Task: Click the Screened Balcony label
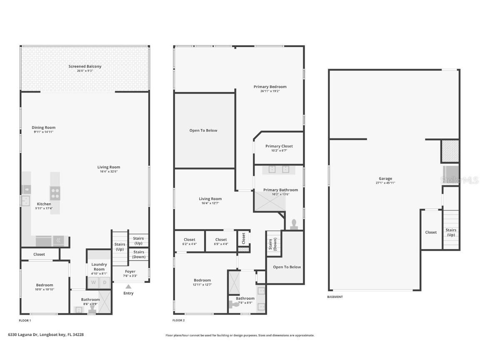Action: (x=85, y=67)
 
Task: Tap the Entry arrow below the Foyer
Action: (x=128, y=287)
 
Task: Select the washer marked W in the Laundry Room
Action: (x=93, y=283)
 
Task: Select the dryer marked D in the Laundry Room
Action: (x=105, y=283)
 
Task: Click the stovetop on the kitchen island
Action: (x=55, y=193)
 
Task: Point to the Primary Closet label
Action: (x=279, y=146)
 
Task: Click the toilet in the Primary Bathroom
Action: (x=294, y=224)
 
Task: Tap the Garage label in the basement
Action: (x=385, y=179)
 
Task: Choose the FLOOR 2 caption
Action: (x=178, y=320)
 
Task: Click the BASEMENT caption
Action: (x=335, y=297)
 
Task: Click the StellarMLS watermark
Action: (x=459, y=180)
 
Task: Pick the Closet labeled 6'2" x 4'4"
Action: (x=189, y=240)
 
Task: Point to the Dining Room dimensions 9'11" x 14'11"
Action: (x=43, y=132)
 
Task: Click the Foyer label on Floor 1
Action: (x=130, y=272)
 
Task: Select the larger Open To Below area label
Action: (x=203, y=130)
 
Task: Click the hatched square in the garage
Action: (x=450, y=151)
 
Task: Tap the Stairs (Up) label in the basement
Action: (x=451, y=232)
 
